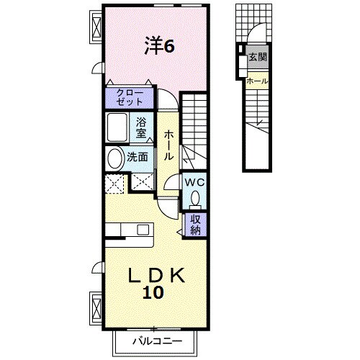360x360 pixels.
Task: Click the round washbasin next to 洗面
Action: pyautogui.click(x=115, y=158)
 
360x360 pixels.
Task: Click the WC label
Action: pyautogui.click(x=196, y=183)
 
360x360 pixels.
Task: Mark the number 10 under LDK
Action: pyautogui.click(x=157, y=293)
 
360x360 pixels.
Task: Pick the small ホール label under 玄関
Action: pyautogui.click(x=257, y=81)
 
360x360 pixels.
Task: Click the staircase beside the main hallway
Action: pyautogui.click(x=193, y=130)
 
